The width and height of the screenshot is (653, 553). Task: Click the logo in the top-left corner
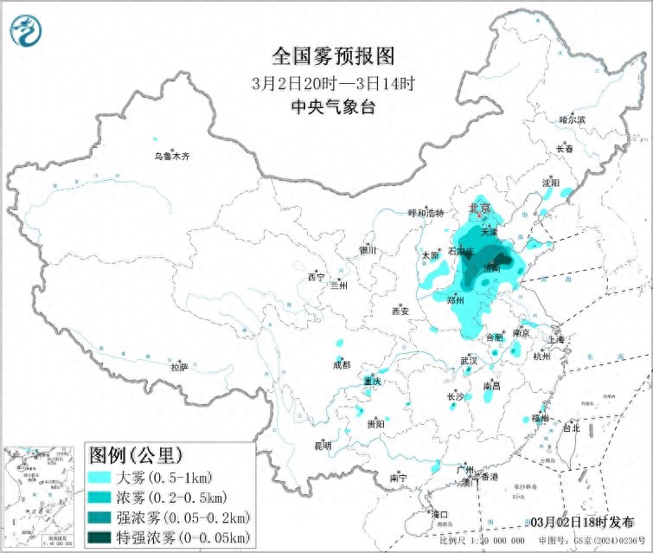tap(26, 31)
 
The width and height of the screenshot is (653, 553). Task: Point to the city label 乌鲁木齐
tap(171, 157)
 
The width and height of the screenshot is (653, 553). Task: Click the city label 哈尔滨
tap(572, 119)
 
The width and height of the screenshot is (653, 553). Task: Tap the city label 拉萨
tap(179, 367)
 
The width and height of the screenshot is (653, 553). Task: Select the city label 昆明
tap(323, 446)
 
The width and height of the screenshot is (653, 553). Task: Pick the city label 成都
tap(341, 364)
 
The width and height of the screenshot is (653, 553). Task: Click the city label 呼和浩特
tap(426, 212)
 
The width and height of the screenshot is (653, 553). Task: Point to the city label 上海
tap(555, 340)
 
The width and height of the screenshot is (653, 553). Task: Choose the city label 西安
tap(399, 311)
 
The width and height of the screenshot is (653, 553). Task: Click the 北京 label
tap(479, 209)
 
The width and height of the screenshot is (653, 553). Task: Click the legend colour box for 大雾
tap(106, 478)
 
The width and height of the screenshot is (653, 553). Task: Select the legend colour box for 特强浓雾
tap(106, 537)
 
